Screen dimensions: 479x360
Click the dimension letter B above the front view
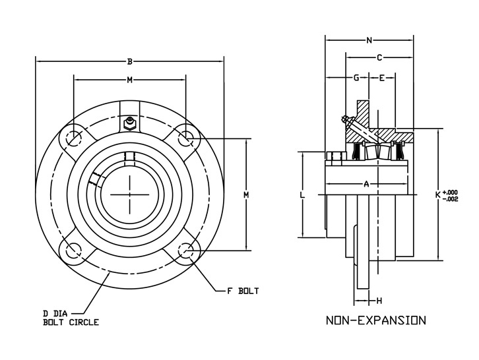tap(130, 62)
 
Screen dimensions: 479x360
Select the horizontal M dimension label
tap(130, 80)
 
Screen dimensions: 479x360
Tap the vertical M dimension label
tap(246, 195)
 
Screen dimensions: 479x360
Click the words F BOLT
tap(243, 291)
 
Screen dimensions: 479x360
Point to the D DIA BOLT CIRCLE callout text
tap(71, 318)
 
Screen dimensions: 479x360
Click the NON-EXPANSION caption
tap(376, 320)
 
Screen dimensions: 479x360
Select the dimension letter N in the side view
tap(369, 40)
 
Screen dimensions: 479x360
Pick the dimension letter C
tap(379, 57)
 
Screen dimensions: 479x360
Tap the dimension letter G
tap(356, 78)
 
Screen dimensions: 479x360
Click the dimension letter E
tap(382, 78)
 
